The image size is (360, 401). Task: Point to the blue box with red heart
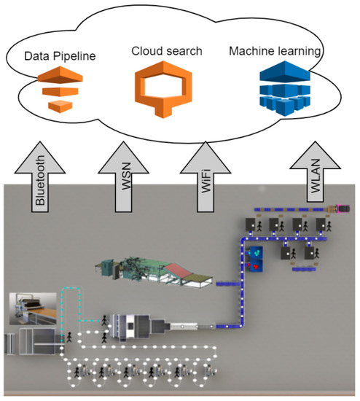pos(255,259)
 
